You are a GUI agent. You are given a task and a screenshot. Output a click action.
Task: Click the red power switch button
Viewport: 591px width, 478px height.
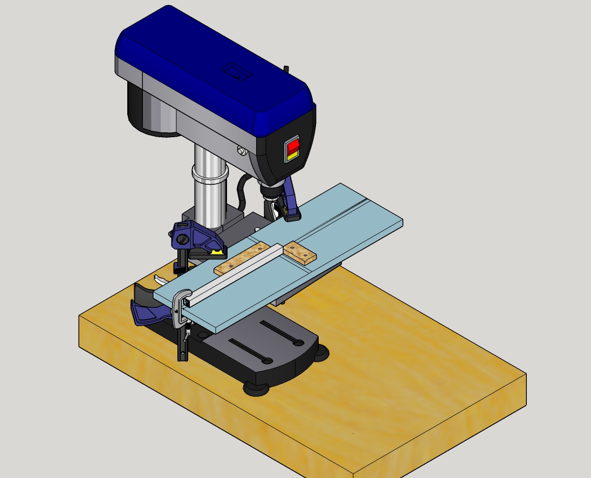tap(292, 146)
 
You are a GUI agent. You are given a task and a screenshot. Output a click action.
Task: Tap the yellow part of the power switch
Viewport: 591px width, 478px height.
tap(292, 156)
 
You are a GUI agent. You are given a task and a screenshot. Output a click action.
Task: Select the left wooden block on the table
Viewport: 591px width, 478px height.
tap(242, 258)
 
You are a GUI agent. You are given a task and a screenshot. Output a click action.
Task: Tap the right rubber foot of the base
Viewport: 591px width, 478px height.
tap(322, 354)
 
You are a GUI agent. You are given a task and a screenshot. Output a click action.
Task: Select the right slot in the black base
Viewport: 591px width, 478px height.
tap(280, 333)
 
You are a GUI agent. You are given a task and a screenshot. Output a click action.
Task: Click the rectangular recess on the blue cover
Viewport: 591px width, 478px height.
tap(237, 71)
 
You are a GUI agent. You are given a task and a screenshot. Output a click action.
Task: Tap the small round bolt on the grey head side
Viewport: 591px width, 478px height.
tap(242, 151)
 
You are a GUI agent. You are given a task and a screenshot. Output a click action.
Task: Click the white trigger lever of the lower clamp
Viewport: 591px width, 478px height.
tap(160, 280)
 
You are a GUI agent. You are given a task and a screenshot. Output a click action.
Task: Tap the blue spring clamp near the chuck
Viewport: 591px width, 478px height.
tap(291, 201)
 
